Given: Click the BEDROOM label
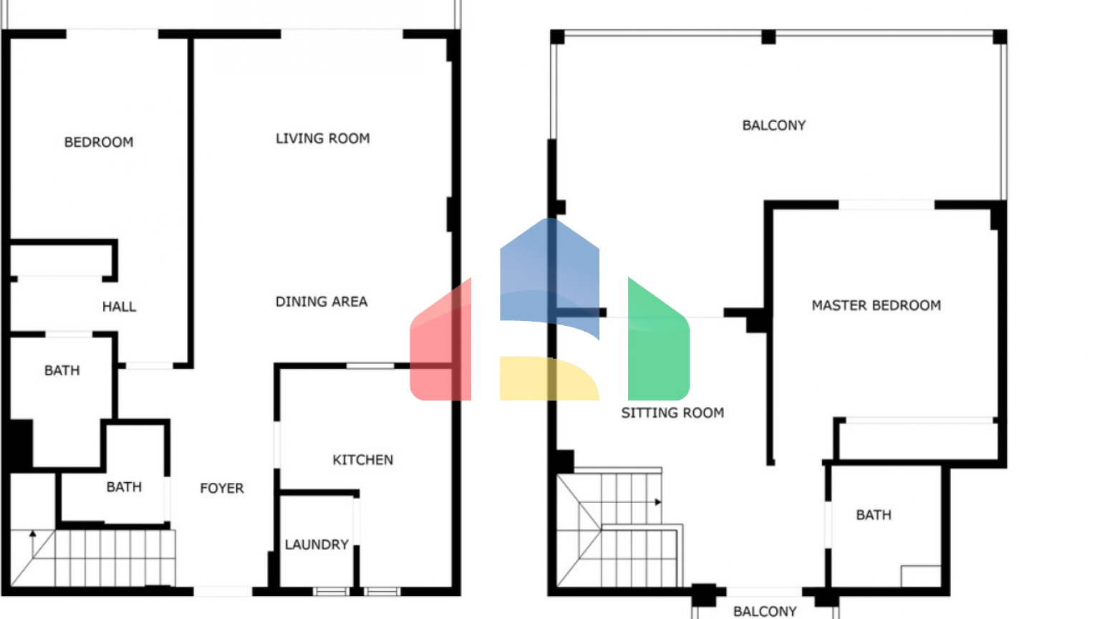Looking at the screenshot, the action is (99, 143).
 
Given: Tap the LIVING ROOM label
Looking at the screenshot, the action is (323, 138).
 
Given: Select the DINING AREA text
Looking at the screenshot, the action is (322, 302).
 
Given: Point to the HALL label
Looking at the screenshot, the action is (120, 307).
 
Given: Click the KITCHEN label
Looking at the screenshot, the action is (363, 460).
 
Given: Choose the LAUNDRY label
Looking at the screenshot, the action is (317, 544).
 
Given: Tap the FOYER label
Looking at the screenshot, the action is (222, 489).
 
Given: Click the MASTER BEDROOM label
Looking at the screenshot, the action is (877, 306).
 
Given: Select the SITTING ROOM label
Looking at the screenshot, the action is (672, 413).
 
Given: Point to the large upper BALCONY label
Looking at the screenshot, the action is (774, 126).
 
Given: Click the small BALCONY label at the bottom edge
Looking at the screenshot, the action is (765, 612).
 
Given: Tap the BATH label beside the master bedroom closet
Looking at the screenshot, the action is (874, 515).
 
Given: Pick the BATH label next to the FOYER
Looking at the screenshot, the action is (124, 487).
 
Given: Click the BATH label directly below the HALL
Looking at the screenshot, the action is (62, 370).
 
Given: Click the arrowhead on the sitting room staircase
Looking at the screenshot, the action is (658, 502).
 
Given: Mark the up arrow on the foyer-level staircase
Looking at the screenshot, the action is (33, 543).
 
